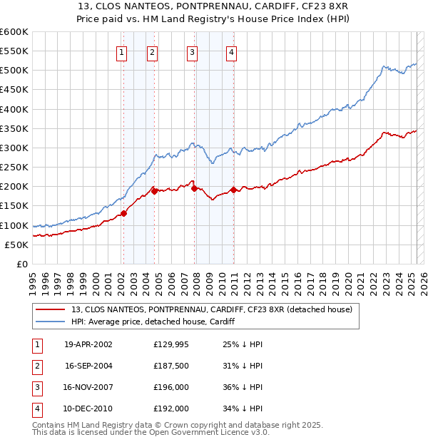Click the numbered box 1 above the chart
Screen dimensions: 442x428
pyautogui.click(x=122, y=51)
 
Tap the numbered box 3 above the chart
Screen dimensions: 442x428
pyautogui.click(x=193, y=51)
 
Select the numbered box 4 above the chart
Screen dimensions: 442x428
pyautogui.click(x=233, y=51)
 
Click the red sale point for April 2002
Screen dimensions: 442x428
pyautogui.click(x=123, y=213)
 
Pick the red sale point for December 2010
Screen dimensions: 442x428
pyautogui.click(x=233, y=190)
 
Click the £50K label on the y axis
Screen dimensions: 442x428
pyautogui.click(x=16, y=245)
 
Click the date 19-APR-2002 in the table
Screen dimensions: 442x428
pyautogui.click(x=88, y=345)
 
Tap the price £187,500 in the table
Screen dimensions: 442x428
pyautogui.click(x=171, y=366)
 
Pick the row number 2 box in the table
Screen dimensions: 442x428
pyautogui.click(x=36, y=366)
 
